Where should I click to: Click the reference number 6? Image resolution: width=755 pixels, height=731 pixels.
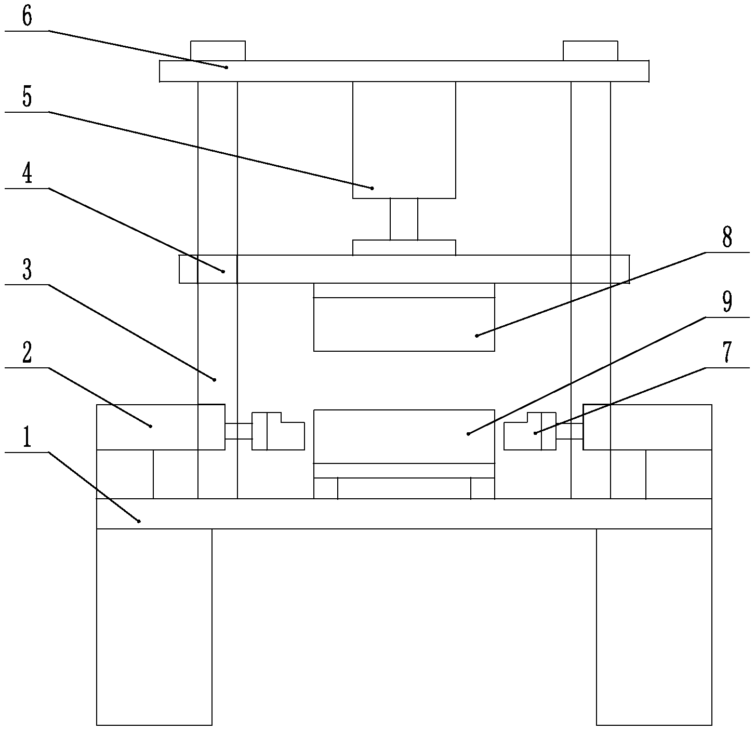pos(27,17)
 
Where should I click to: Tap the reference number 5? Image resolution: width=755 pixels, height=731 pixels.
pos(27,97)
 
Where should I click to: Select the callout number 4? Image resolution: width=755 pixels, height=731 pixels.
pos(27,174)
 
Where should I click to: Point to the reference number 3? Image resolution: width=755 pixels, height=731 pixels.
pos(27,270)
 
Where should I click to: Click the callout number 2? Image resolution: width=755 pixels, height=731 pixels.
pos(27,353)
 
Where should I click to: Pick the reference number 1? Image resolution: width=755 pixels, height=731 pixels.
pos(27,438)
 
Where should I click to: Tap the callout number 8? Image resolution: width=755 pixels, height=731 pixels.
pos(727,238)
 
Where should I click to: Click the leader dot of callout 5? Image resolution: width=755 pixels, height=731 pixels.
pos(372,188)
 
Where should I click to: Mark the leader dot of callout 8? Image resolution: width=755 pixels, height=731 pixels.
pos(476,336)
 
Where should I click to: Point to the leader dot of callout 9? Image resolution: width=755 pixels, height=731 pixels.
pos(468,434)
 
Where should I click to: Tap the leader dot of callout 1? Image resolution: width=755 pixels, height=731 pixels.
pos(139,521)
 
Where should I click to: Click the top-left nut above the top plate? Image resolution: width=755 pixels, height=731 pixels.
pos(218,51)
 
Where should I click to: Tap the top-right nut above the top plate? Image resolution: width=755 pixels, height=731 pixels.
pos(590,51)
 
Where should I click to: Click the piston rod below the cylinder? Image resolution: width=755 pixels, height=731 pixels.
pos(404,219)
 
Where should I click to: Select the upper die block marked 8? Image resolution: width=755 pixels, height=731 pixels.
pos(404,324)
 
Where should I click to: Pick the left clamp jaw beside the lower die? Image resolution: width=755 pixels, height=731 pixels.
pos(278,431)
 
